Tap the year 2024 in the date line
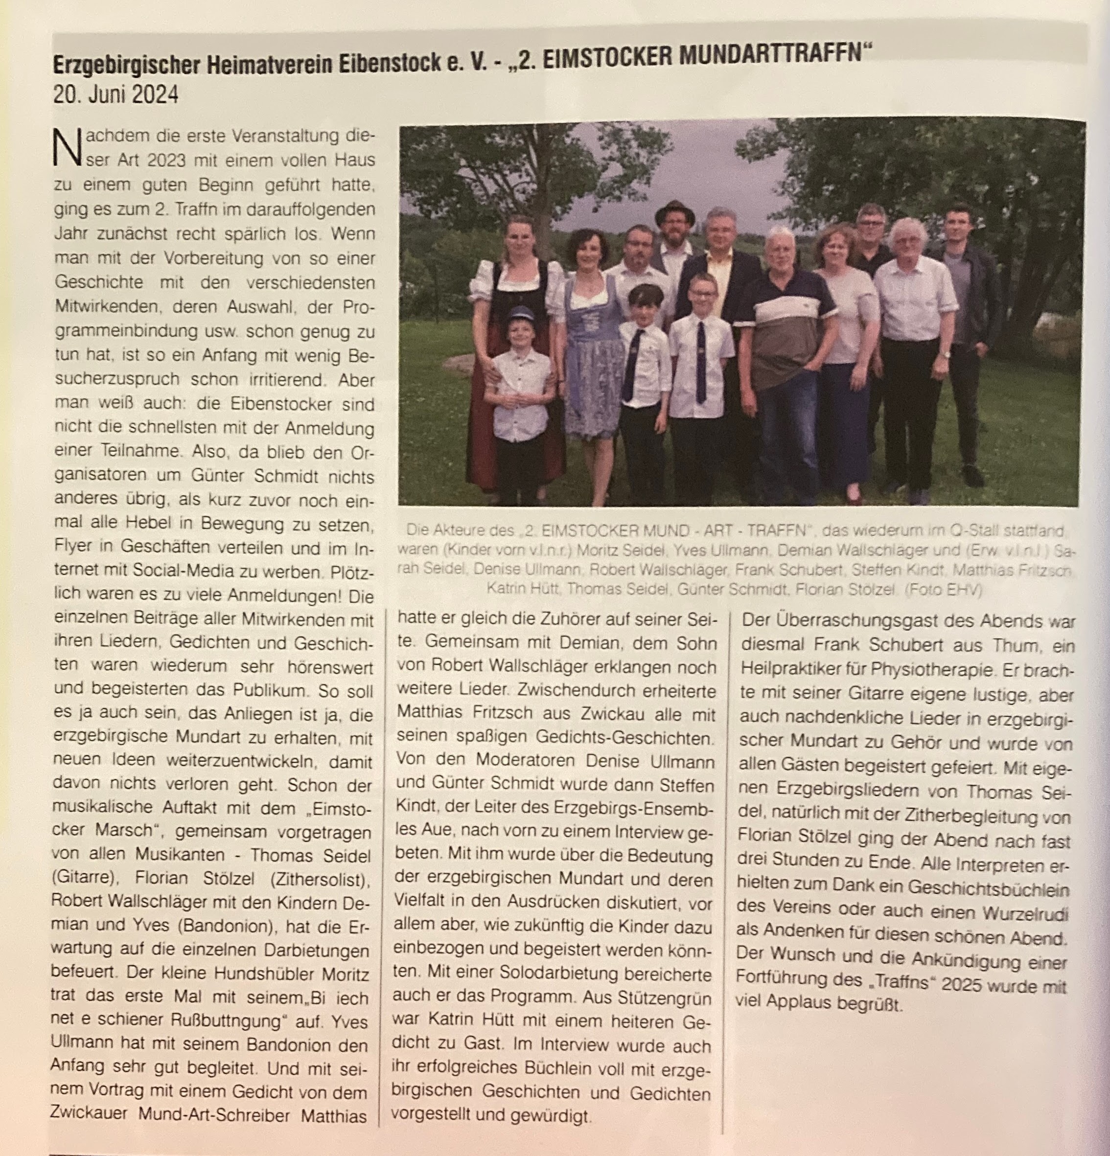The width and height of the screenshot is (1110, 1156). [x=155, y=94]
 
